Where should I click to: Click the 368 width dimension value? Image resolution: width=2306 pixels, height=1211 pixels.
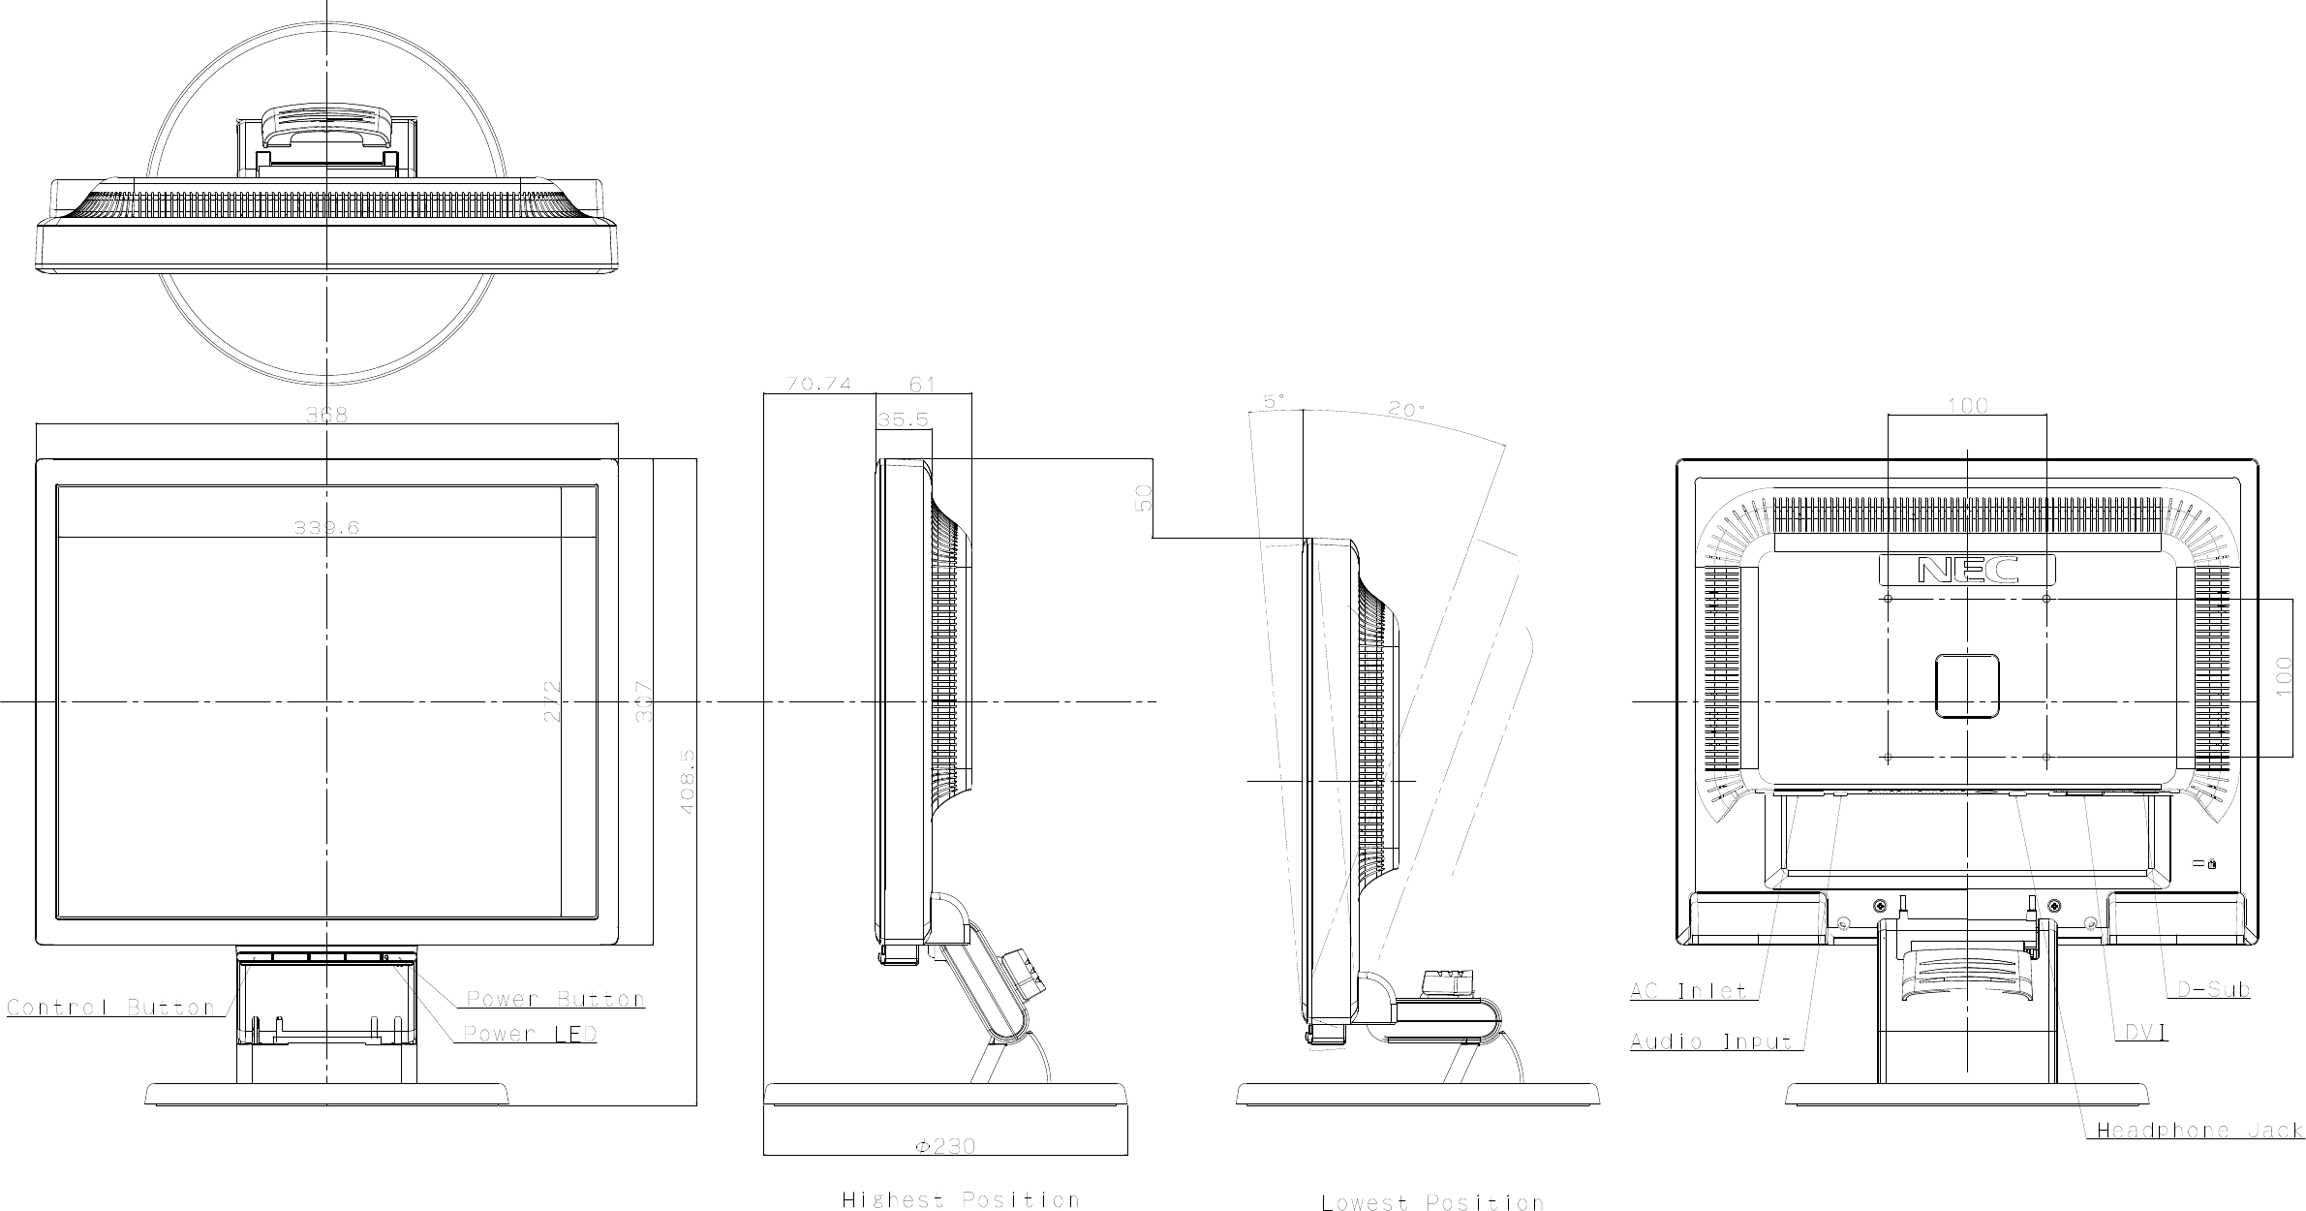pyautogui.click(x=326, y=416)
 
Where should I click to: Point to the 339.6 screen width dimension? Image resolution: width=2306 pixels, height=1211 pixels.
pyautogui.click(x=326, y=528)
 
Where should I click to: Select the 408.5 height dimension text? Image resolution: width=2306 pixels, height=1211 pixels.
pyautogui.click(x=688, y=780)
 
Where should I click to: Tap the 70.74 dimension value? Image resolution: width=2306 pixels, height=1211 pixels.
pyautogui.click(x=818, y=384)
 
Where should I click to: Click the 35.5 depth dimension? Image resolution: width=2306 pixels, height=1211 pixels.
pyautogui.click(x=903, y=419)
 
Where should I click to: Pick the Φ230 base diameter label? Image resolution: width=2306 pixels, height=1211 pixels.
pyautogui.click(x=945, y=1146)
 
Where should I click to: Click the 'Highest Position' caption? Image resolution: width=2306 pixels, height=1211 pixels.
pyautogui.click(x=960, y=1200)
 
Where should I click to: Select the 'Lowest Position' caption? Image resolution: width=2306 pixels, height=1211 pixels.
pyautogui.click(x=1431, y=1203)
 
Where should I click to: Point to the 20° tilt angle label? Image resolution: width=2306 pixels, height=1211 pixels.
pyautogui.click(x=1406, y=410)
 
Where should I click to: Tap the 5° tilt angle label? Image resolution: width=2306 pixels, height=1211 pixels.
pyautogui.click(x=1276, y=399)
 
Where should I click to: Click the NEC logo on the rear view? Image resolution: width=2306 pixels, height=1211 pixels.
pyautogui.click(x=1967, y=570)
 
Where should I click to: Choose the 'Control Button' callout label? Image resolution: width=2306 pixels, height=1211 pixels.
pyautogui.click(x=110, y=1008)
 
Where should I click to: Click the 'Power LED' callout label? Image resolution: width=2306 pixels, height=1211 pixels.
pyautogui.click(x=530, y=1034)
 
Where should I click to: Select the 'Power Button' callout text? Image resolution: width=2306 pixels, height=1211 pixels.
pyautogui.click(x=555, y=999)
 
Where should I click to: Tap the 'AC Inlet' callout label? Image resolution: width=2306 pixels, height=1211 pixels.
pyautogui.click(x=1688, y=991)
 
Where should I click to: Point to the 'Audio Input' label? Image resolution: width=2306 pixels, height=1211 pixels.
pyautogui.click(x=1711, y=1042)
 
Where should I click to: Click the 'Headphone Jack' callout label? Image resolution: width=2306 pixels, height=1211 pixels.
pyautogui.click(x=2199, y=1130)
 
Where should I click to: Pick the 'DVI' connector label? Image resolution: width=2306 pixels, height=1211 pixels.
pyautogui.click(x=2146, y=1034)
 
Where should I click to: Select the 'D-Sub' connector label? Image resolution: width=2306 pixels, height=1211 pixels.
pyautogui.click(x=2213, y=989)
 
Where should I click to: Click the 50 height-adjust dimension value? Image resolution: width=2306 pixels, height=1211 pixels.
pyautogui.click(x=1144, y=498)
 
